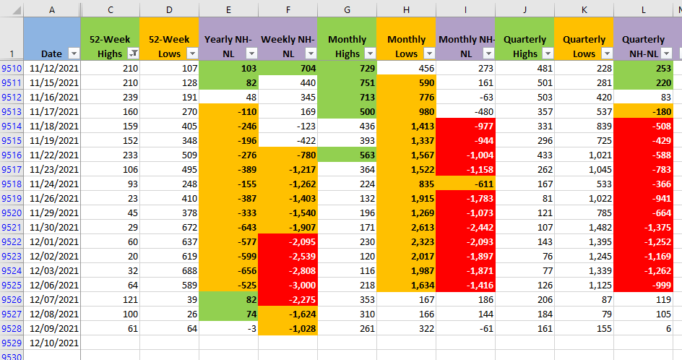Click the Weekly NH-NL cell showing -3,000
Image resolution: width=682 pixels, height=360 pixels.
pos(288,285)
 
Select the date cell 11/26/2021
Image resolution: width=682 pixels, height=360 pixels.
pos(52,199)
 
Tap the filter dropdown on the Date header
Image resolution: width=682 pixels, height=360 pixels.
pos(74,53)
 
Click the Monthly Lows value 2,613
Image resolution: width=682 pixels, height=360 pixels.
pos(406,227)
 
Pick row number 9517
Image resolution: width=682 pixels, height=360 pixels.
pos(12,169)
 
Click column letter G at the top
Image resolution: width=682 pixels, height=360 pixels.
pos(347,9)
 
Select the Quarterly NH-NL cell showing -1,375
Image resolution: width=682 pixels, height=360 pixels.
pos(643,227)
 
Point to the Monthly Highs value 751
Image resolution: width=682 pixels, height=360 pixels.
pos(347,82)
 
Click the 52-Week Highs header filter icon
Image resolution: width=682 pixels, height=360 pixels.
pos(133,53)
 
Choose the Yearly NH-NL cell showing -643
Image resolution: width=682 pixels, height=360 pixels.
pos(229,227)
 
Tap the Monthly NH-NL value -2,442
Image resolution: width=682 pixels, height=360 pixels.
pos(465,227)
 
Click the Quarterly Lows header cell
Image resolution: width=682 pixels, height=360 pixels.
pos(584,39)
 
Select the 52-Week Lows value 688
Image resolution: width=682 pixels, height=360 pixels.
pos(169,271)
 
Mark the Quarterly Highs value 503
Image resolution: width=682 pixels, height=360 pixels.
pos(525,97)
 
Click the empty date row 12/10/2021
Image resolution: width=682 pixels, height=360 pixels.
pos(52,343)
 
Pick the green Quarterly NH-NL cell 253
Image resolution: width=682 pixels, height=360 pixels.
pos(643,69)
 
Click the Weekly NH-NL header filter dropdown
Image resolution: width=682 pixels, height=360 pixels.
pos(311,53)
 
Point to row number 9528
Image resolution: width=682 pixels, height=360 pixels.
pos(12,329)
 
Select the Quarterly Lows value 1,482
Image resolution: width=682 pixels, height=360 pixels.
pos(584,227)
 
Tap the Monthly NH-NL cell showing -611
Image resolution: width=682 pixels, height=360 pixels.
pos(465,184)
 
